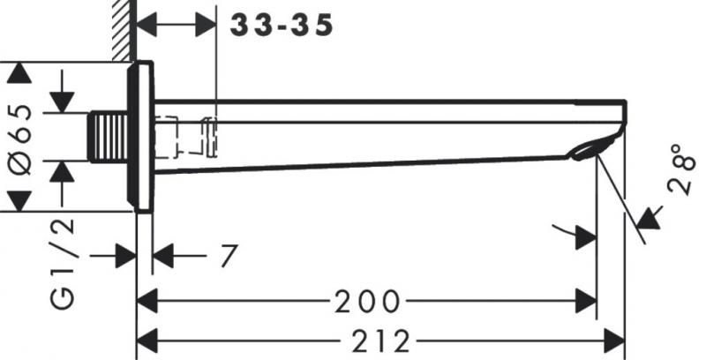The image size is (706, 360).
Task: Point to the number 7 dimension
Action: coord(229,257)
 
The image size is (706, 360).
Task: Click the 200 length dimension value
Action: coord(367,302)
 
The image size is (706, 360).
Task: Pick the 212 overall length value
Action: coord(379,339)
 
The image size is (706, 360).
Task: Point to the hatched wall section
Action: coord(123,31)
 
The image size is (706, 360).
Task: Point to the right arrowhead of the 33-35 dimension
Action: coord(206,25)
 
